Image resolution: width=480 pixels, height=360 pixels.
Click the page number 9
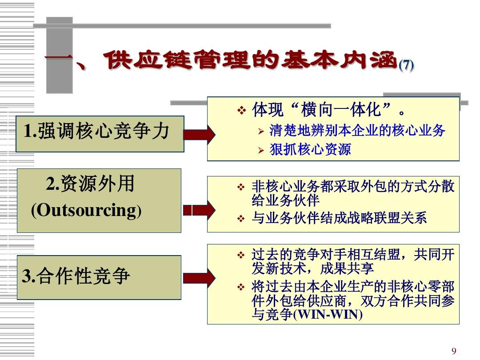[454, 351]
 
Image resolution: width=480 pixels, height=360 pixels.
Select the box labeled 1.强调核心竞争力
[100, 133]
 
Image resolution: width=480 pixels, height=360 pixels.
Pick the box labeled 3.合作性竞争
[99, 277]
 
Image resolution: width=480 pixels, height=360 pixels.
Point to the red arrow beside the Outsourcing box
[199, 209]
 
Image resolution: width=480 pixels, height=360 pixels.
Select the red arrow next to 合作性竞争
[199, 277]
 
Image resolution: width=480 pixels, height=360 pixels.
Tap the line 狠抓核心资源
[310, 149]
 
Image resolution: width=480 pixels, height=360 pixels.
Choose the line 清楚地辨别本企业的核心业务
[357, 131]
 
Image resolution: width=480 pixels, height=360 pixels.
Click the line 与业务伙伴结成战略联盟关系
[339, 218]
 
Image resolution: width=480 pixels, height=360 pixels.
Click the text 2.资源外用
[90, 184]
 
